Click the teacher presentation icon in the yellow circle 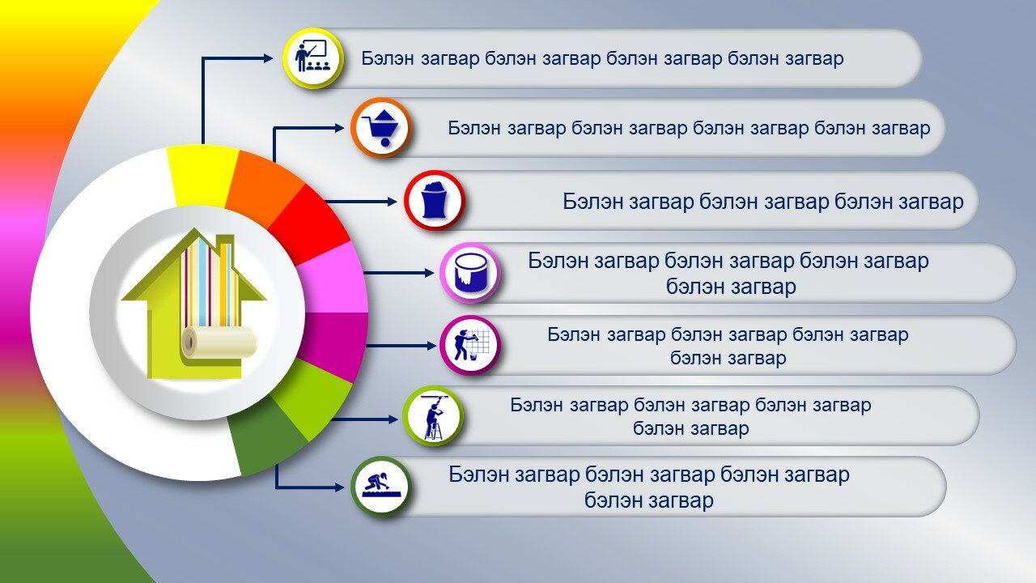(x=312, y=57)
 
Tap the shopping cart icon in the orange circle (x=380, y=127)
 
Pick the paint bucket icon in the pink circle (x=470, y=273)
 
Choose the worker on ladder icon (x=433, y=417)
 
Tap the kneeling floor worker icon (x=381, y=486)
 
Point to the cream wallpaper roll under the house (x=219, y=342)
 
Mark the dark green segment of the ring (x=265, y=437)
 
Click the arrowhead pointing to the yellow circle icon (x=268, y=58)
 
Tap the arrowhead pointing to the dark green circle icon (x=338, y=487)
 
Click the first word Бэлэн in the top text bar (x=388, y=58)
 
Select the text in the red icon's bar (x=763, y=202)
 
